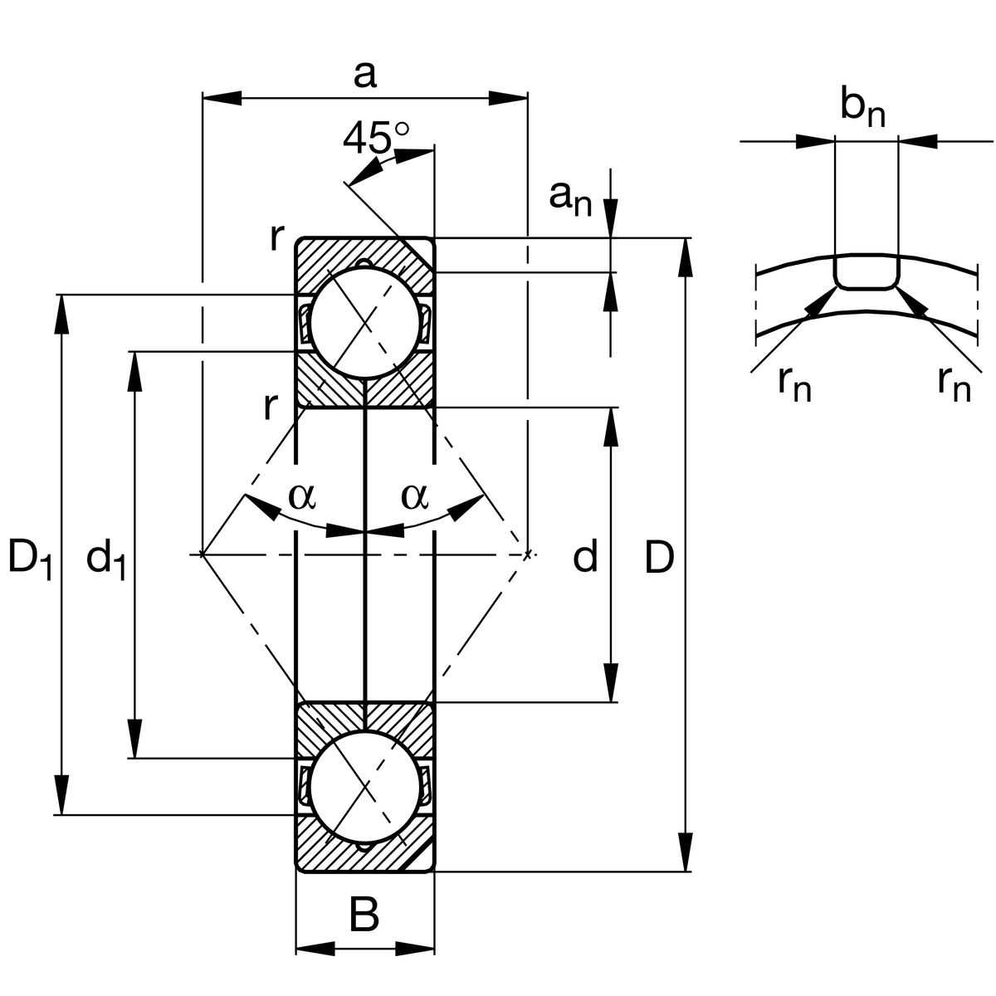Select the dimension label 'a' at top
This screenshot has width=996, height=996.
[364, 75]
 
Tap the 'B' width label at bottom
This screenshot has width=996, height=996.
[364, 916]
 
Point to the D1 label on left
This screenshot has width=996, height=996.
[30, 558]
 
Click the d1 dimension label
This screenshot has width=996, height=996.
[105, 558]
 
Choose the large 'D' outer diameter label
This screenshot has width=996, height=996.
[660, 558]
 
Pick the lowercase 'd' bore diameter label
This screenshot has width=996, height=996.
[585, 558]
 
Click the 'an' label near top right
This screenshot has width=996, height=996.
[570, 198]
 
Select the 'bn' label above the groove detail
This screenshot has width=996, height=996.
[862, 108]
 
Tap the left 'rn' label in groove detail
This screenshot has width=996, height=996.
[794, 383]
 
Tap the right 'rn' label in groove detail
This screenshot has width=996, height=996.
[954, 383]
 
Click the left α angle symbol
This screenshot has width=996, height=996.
[302, 496]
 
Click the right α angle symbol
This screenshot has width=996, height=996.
[414, 496]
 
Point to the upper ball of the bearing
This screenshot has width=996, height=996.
[364, 323]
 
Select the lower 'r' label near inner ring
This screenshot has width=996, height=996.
[269, 407]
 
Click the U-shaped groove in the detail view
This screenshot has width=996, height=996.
[866, 274]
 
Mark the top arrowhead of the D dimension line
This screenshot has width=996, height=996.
[686, 257]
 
